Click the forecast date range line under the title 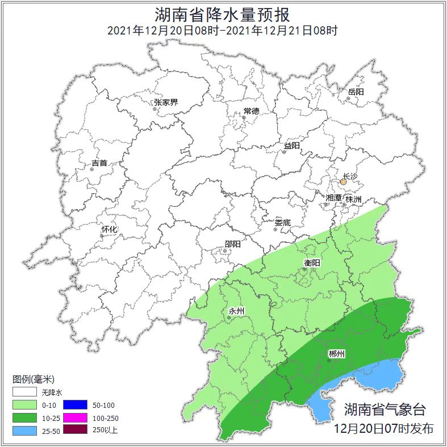[223, 31]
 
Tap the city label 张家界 [166, 103]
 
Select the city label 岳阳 [356, 91]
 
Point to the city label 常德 [251, 111]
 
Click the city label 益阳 [291, 145]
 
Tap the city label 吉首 [99, 163]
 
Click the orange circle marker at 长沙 [343, 182]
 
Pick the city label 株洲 [353, 199]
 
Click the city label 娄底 [282, 223]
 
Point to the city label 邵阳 [232, 245]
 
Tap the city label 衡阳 [312, 262]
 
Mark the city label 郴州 [337, 354]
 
